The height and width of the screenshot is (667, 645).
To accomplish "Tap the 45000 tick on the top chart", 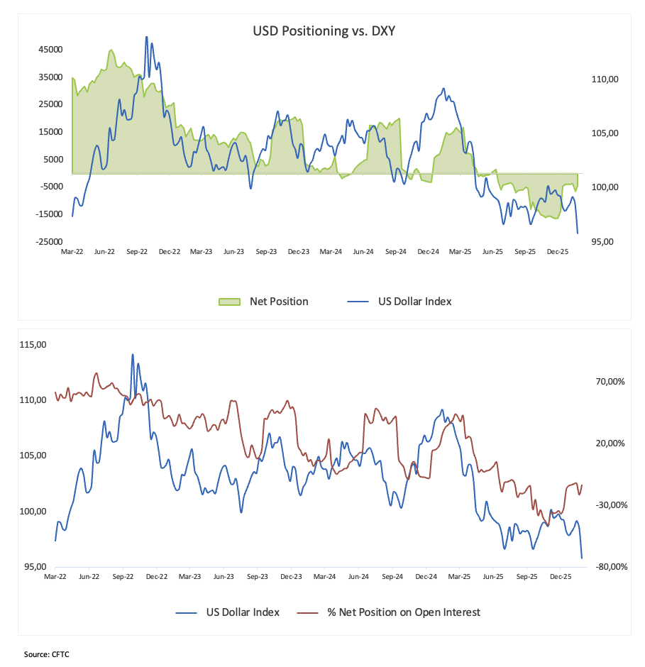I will click(x=51, y=50).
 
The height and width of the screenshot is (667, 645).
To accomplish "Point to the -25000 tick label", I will click(x=50, y=242).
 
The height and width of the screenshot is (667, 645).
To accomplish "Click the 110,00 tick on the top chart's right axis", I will click(x=605, y=80).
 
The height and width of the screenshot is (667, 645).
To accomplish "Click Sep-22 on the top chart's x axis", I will click(x=137, y=252).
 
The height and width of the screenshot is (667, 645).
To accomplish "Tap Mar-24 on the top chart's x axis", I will click(x=331, y=252).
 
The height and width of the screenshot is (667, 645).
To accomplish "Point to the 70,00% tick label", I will click(x=610, y=382).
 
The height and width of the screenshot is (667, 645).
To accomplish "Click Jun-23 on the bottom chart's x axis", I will click(x=224, y=578).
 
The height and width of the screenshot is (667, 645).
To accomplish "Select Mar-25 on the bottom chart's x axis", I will click(x=460, y=578).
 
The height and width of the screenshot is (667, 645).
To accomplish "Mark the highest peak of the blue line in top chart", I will click(x=147, y=37).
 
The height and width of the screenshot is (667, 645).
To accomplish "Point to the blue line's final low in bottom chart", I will click(x=582, y=558).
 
